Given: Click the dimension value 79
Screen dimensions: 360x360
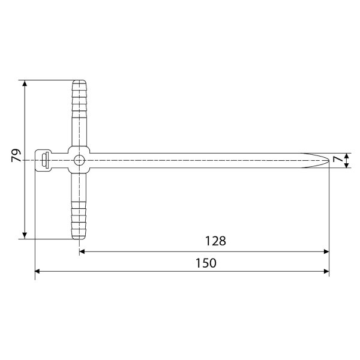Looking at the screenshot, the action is [16, 155].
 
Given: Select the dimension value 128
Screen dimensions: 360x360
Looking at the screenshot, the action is [215, 241].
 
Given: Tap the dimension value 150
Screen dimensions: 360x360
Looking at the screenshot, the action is [206, 263].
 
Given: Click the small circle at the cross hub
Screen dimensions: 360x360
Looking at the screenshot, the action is [79, 160].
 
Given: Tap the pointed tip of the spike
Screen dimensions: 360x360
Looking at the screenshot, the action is [329, 160].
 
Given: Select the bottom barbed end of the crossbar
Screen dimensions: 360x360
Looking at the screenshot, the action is [79, 221].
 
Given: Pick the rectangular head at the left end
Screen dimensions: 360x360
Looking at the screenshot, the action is [43, 160].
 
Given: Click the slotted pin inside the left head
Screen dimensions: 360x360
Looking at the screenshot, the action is [46, 160].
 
